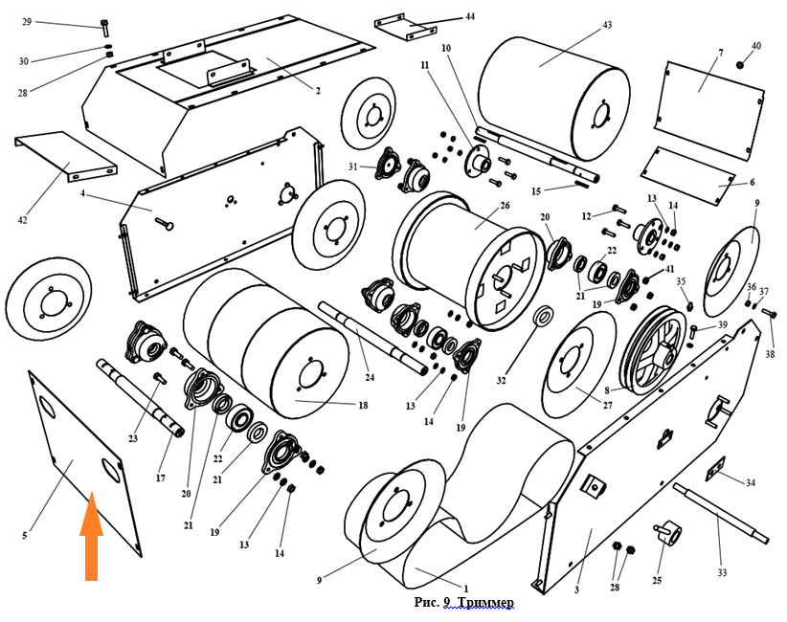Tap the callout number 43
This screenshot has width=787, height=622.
(x=607, y=25)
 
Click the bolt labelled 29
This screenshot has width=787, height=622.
(x=103, y=26)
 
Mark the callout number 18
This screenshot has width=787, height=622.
(x=363, y=406)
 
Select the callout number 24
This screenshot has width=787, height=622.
(x=370, y=377)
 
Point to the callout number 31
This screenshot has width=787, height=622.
(x=353, y=167)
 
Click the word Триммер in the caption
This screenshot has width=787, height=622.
(x=485, y=602)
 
